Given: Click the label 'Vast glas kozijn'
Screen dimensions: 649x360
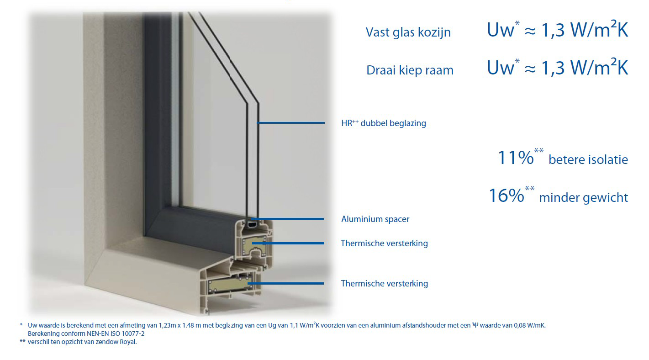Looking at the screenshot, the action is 408,32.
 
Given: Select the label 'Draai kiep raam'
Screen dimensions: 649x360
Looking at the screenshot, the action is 410,70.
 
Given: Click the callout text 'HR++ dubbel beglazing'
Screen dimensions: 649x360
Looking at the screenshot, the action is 384,123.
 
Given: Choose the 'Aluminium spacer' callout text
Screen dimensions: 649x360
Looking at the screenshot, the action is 375,219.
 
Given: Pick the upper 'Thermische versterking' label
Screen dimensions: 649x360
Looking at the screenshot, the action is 384,243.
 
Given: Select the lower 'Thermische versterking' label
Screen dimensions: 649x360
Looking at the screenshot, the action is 384,284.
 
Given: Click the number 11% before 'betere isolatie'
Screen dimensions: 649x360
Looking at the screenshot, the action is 516,158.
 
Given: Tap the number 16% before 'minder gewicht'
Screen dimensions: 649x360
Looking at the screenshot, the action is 506,196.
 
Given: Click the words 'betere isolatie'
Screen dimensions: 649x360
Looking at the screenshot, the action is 588,160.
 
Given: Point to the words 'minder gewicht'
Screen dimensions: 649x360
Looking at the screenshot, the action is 584,198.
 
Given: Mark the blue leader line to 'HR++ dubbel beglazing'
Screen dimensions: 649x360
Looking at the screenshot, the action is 290,123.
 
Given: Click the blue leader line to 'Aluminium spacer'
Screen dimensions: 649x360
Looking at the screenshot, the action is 287,219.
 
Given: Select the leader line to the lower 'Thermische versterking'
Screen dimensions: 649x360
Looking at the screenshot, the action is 285,283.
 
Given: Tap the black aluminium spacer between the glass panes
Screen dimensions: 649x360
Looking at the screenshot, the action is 252,224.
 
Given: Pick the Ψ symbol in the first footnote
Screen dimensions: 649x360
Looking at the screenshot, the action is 475,325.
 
